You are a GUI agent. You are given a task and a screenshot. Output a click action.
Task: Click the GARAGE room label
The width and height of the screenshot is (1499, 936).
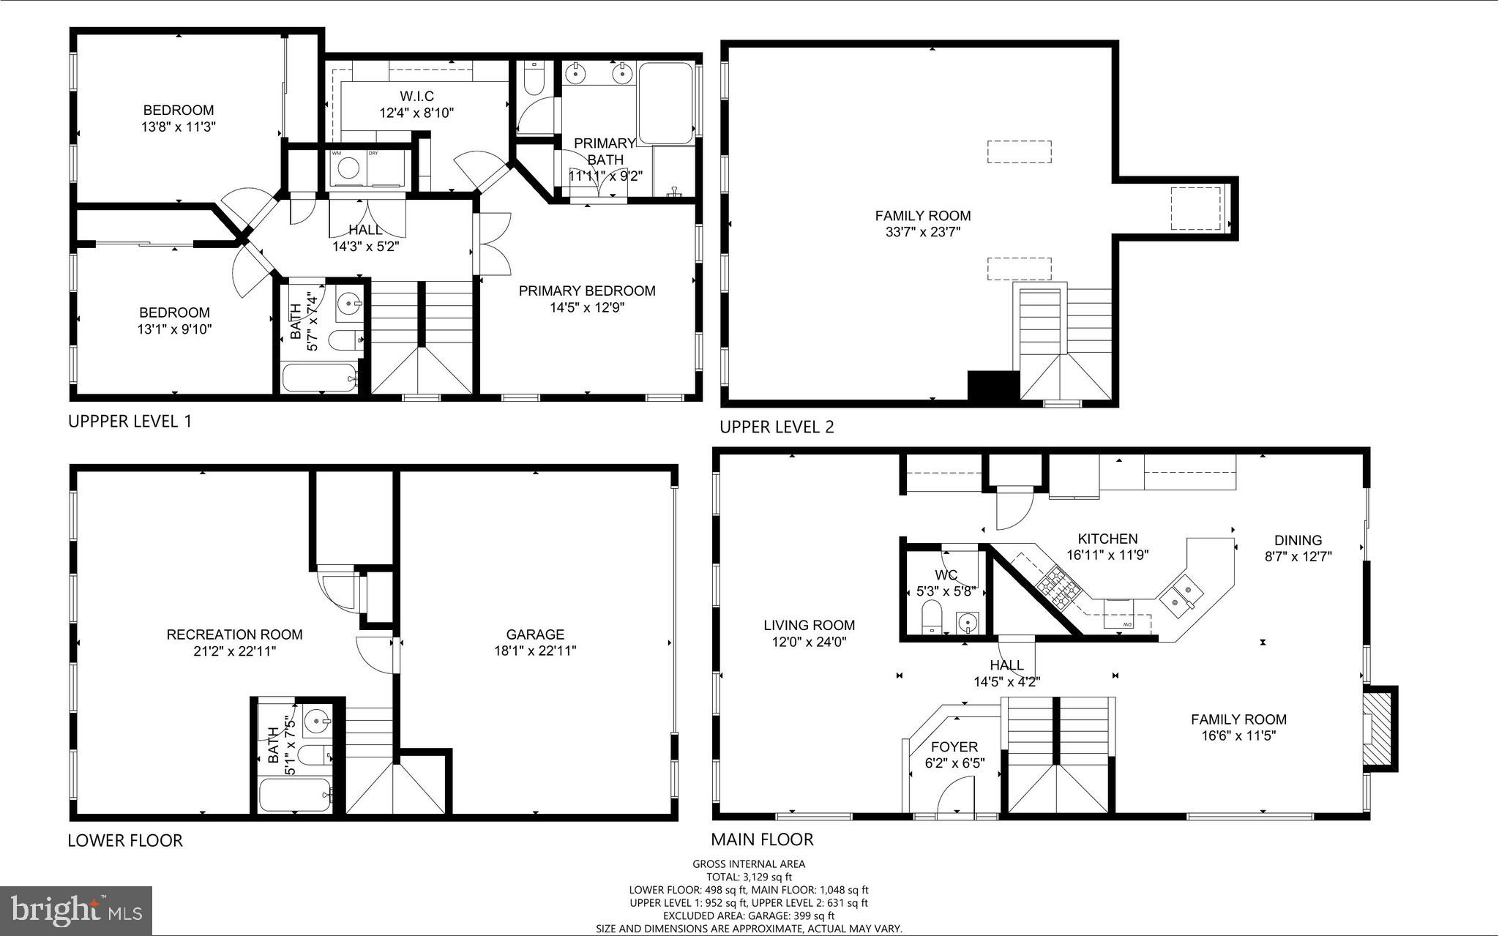pyautogui.click(x=535, y=634)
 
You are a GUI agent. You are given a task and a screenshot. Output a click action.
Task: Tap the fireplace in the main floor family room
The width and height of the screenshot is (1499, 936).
pyautogui.click(x=1379, y=729)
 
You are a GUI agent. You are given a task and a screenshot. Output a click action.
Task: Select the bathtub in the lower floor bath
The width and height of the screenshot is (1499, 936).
pyautogui.click(x=295, y=795)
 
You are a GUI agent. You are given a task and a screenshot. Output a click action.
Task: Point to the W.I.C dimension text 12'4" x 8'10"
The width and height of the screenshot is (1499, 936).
pyautogui.click(x=416, y=113)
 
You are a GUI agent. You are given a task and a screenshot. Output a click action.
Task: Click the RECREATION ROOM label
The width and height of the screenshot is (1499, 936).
pyautogui.click(x=234, y=634)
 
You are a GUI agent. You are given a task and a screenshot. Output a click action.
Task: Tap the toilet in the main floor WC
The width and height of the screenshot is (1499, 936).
pyautogui.click(x=931, y=616)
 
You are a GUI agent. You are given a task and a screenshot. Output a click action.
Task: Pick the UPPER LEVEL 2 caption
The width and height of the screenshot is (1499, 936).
pyautogui.click(x=777, y=427)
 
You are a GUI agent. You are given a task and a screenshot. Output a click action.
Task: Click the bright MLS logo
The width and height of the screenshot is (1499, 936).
pyautogui.click(x=76, y=910)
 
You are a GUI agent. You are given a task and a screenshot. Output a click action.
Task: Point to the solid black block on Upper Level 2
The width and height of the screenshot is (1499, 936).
pyautogui.click(x=993, y=386)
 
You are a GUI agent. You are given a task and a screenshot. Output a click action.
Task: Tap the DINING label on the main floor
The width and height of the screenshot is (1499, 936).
pyautogui.click(x=1298, y=541)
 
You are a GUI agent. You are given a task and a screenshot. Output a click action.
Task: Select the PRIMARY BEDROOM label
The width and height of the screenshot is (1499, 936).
pyautogui.click(x=587, y=291)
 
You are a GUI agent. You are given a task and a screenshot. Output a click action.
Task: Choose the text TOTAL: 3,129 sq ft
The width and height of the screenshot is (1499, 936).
pyautogui.click(x=749, y=877)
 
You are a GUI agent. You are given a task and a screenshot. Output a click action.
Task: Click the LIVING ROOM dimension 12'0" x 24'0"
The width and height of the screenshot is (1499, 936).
pyautogui.click(x=809, y=642)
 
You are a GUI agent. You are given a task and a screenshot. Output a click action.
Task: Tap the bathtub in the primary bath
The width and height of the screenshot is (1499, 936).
pyautogui.click(x=665, y=104)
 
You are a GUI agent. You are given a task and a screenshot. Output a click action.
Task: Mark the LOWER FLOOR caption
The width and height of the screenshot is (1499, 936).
pyautogui.click(x=125, y=840)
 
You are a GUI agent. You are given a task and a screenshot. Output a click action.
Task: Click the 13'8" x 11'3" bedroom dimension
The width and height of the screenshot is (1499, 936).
pyautogui.click(x=179, y=126)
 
